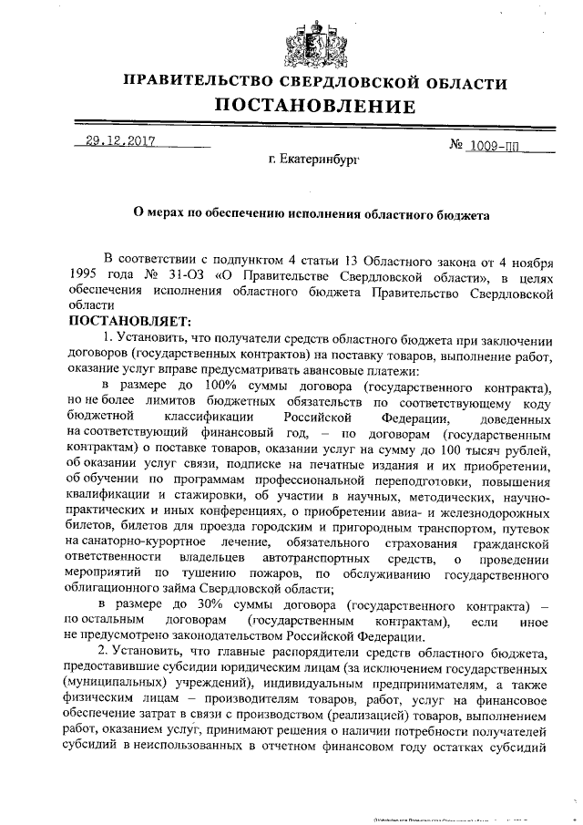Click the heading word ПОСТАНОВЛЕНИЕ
coord(314,107)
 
